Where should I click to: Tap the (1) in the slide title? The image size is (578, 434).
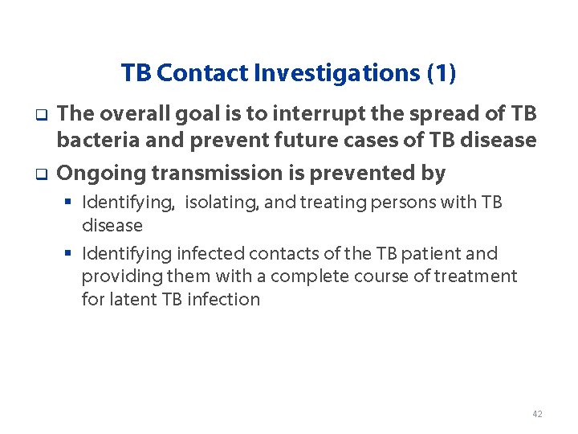(442, 73)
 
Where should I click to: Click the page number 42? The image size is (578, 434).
(537, 414)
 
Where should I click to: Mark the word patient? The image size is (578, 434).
(450, 254)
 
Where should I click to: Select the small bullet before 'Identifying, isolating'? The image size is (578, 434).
(69, 203)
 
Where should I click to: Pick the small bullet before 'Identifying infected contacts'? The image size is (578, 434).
(69, 254)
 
